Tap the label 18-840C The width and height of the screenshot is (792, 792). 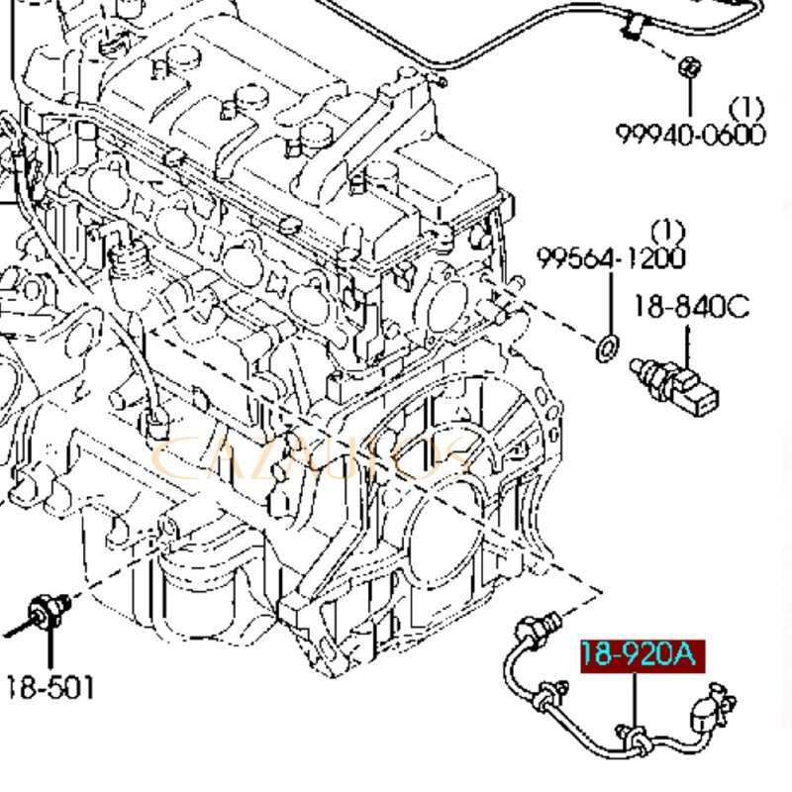point(692,307)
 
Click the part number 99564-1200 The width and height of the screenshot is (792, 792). point(612,258)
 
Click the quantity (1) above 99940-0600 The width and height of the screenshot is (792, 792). point(746,106)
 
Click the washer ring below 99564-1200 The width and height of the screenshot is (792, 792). point(607,346)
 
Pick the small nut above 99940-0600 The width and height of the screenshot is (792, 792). point(690,68)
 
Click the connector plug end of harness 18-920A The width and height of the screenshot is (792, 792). point(709,709)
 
